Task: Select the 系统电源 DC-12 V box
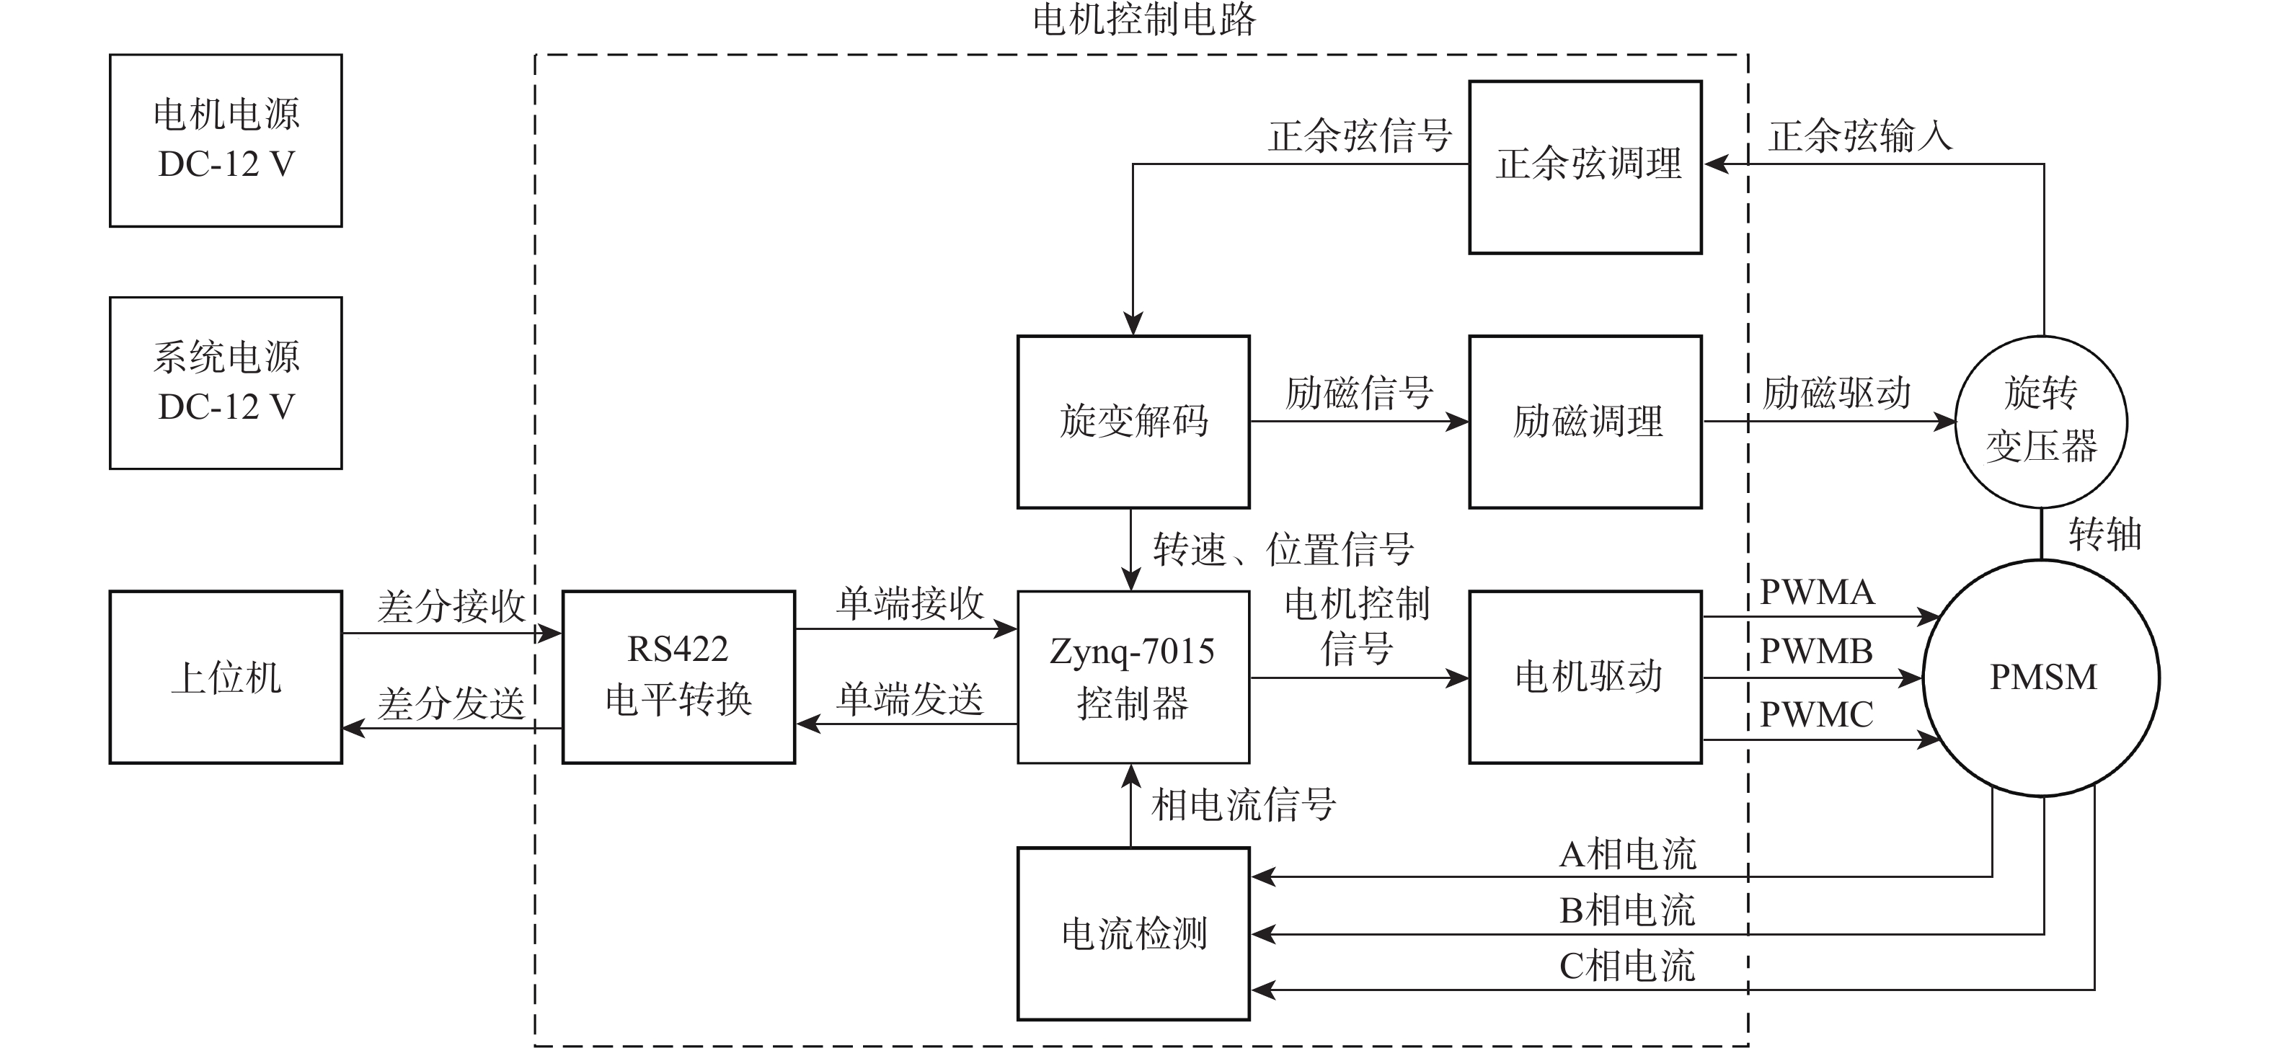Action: [226, 383]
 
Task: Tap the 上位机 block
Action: [226, 677]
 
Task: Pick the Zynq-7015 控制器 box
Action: [1133, 677]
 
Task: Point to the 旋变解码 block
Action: [1133, 422]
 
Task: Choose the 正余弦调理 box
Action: [1585, 166]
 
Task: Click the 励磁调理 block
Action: [1585, 422]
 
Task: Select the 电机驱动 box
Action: [1585, 677]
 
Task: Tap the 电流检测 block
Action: [1133, 933]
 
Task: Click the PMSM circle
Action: [2042, 677]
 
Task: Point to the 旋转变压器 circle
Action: [2041, 422]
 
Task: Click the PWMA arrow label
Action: [1816, 592]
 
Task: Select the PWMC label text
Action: [1816, 714]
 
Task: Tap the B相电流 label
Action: [1626, 910]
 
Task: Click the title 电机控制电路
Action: [1143, 19]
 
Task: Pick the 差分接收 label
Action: [451, 606]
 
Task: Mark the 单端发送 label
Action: [909, 699]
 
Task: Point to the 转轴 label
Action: [2104, 534]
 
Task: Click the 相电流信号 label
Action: [1243, 804]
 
